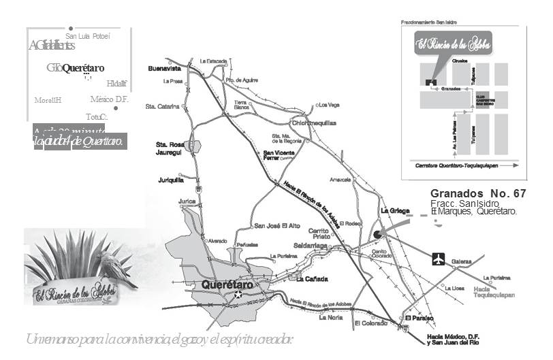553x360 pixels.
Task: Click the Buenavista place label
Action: (x=164, y=69)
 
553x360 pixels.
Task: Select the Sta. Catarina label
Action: (x=162, y=106)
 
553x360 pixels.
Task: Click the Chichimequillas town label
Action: (x=314, y=123)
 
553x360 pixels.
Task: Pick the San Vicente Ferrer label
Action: (x=279, y=155)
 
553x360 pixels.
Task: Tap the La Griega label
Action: (x=395, y=210)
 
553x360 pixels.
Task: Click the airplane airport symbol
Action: (x=438, y=259)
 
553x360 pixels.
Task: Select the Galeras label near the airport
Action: (x=462, y=261)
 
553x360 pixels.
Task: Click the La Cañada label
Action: (x=312, y=279)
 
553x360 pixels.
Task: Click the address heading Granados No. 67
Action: (x=478, y=194)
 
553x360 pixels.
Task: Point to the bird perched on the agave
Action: (x=114, y=265)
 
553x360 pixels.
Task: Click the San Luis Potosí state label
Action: (x=88, y=36)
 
